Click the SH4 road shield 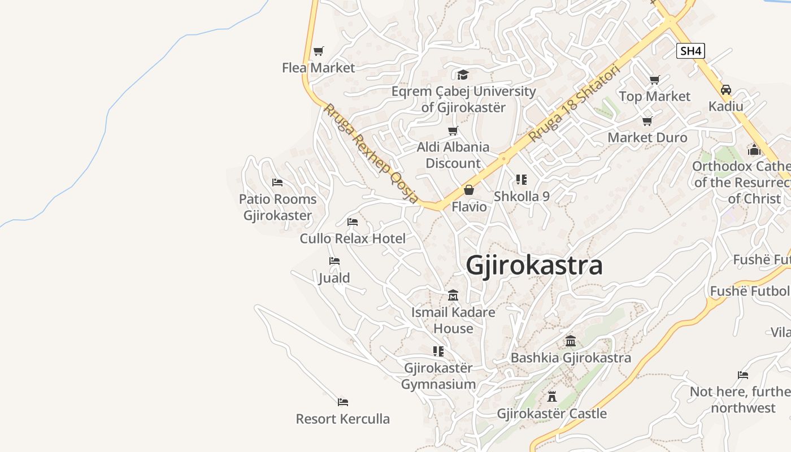click(690, 51)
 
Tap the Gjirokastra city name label click(534, 266)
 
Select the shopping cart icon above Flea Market click(319, 51)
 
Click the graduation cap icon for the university click(463, 75)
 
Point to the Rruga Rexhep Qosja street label click(371, 153)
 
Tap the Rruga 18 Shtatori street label click(574, 103)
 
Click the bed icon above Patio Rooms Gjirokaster click(277, 182)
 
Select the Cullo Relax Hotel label click(353, 238)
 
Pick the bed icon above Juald click(334, 261)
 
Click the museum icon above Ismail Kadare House click(453, 295)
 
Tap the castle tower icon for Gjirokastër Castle click(552, 397)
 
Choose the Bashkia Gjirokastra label click(571, 358)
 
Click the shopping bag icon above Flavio click(468, 190)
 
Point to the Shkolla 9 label click(521, 197)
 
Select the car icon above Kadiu click(726, 90)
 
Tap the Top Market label click(654, 97)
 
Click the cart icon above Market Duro click(647, 121)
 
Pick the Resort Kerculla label click(343, 419)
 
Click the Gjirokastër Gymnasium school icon click(438, 351)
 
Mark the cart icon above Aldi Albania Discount click(453, 131)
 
